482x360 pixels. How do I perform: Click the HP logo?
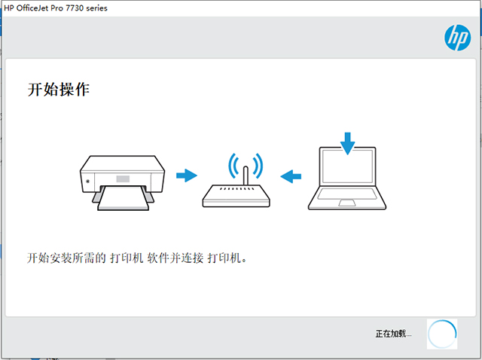(457, 38)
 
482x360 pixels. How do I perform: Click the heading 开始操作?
(59, 90)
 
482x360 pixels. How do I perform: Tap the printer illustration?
(122, 183)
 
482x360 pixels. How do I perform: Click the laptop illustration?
(347, 178)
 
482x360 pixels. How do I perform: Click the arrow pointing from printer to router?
(187, 175)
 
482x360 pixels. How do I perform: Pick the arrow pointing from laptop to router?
(291, 176)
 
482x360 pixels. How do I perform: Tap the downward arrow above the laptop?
(348, 144)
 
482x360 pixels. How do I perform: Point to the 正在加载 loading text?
(393, 334)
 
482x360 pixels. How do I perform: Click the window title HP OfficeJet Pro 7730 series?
(56, 8)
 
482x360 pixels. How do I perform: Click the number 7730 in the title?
(75, 8)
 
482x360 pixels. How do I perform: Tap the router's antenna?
(246, 175)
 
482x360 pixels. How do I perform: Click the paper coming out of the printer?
(123, 198)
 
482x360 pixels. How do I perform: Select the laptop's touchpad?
(347, 203)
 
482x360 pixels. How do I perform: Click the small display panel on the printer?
(123, 178)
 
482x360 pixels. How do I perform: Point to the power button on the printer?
(88, 181)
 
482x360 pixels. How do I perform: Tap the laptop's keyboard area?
(347, 194)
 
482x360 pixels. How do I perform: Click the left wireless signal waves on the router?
(231, 166)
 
